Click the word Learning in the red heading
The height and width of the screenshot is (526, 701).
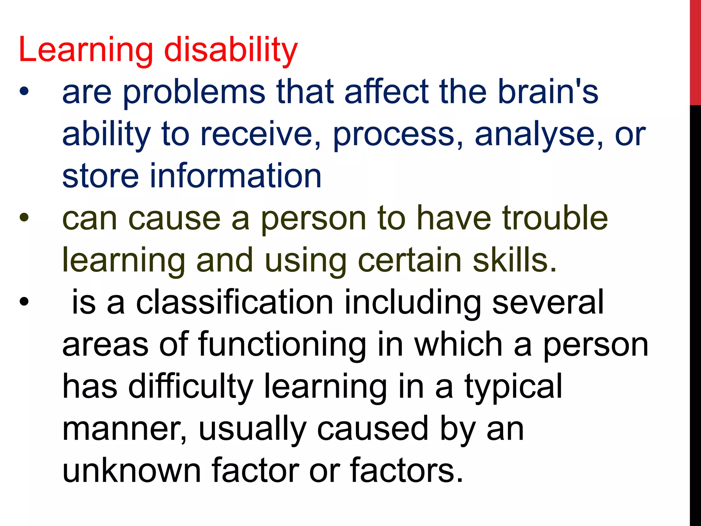pyautogui.click(x=86, y=51)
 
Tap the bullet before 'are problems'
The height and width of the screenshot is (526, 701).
pyautogui.click(x=24, y=92)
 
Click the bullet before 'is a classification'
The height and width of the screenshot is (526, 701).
pyautogui.click(x=24, y=302)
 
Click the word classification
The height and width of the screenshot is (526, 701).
pyautogui.click(x=234, y=302)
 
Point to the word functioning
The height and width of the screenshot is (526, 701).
pyautogui.click(x=282, y=345)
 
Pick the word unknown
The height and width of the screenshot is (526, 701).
pyautogui.click(x=131, y=471)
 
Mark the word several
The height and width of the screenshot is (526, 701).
pyautogui.click(x=548, y=302)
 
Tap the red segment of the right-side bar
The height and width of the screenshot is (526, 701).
pyautogui.click(x=695, y=51)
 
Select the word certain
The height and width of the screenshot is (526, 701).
pyautogui.click(x=409, y=260)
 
